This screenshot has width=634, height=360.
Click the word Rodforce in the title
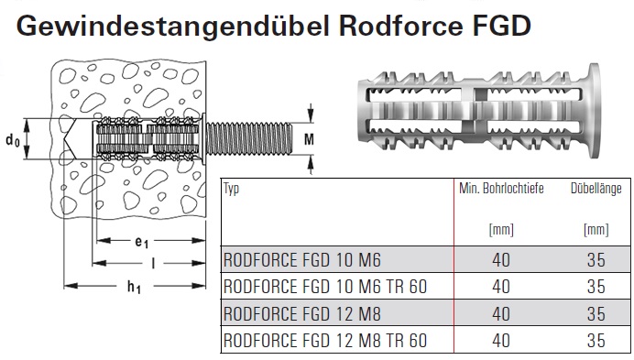[x=400, y=26]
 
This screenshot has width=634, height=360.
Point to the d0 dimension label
[x=12, y=141]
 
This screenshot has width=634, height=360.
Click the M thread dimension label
[x=309, y=139]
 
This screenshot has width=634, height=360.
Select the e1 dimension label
[x=141, y=242]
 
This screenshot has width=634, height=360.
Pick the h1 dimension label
[x=135, y=288]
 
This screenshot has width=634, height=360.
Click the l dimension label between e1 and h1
[x=153, y=264]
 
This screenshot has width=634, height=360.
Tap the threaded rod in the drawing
[x=249, y=138]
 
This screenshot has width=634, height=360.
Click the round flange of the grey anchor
[x=593, y=110]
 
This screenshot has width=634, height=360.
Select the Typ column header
[x=231, y=189]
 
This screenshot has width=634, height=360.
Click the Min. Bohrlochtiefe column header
[x=501, y=188]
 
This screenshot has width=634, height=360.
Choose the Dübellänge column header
[x=596, y=188]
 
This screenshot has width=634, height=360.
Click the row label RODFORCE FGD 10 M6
[x=302, y=260]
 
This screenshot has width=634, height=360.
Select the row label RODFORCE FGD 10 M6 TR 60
[x=325, y=287]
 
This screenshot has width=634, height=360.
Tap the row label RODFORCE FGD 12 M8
[x=302, y=314]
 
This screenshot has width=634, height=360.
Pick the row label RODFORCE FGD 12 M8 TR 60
[x=325, y=341]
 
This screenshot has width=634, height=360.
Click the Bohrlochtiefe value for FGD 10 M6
[x=501, y=260]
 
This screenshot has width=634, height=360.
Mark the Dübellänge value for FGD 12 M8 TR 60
[x=596, y=341]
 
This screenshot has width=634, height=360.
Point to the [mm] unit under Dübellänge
[x=596, y=230]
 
